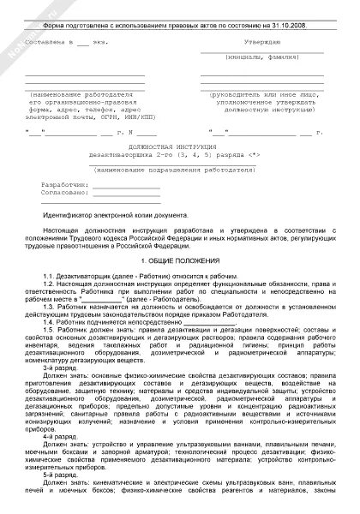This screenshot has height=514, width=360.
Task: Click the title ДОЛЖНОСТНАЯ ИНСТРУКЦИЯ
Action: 179,146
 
